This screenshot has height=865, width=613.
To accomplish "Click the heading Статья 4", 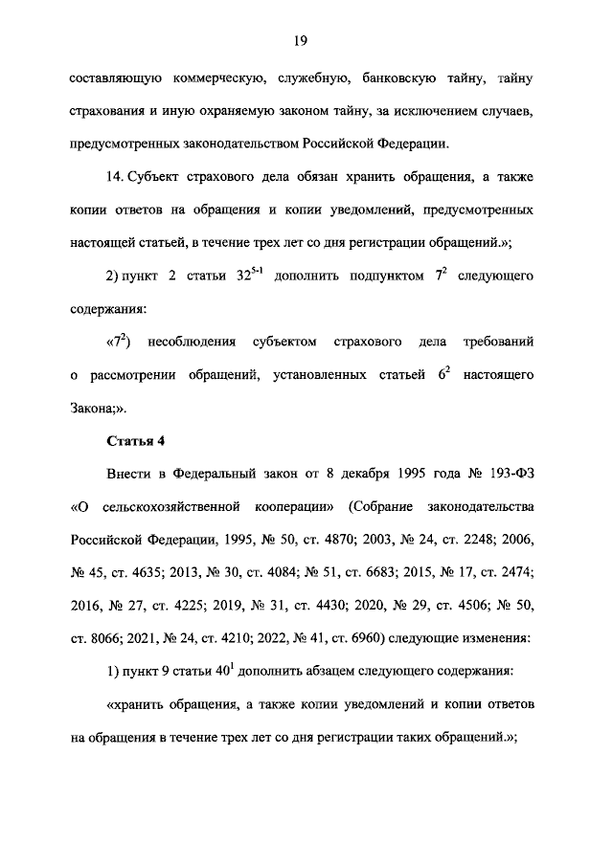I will tap(131, 440).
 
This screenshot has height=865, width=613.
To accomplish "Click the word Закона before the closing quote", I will tap(96, 407).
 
